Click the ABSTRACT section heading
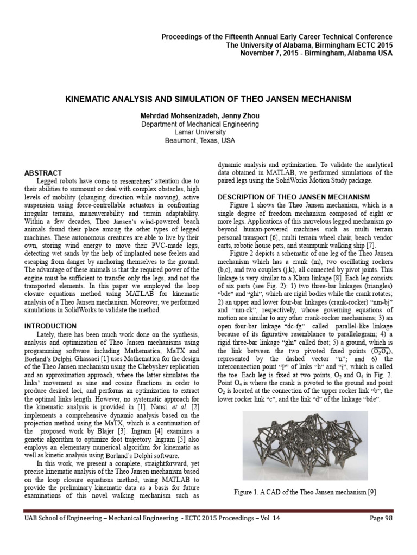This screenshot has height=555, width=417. (x=44, y=172)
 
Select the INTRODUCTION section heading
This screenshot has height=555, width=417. (x=50, y=326)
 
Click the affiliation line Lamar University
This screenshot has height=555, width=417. (x=208, y=132)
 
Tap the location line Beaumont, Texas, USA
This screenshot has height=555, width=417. (x=208, y=140)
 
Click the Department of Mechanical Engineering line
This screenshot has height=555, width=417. (x=208, y=124)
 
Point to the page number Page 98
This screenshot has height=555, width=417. (x=383, y=533)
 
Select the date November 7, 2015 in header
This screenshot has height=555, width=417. (x=283, y=53)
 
